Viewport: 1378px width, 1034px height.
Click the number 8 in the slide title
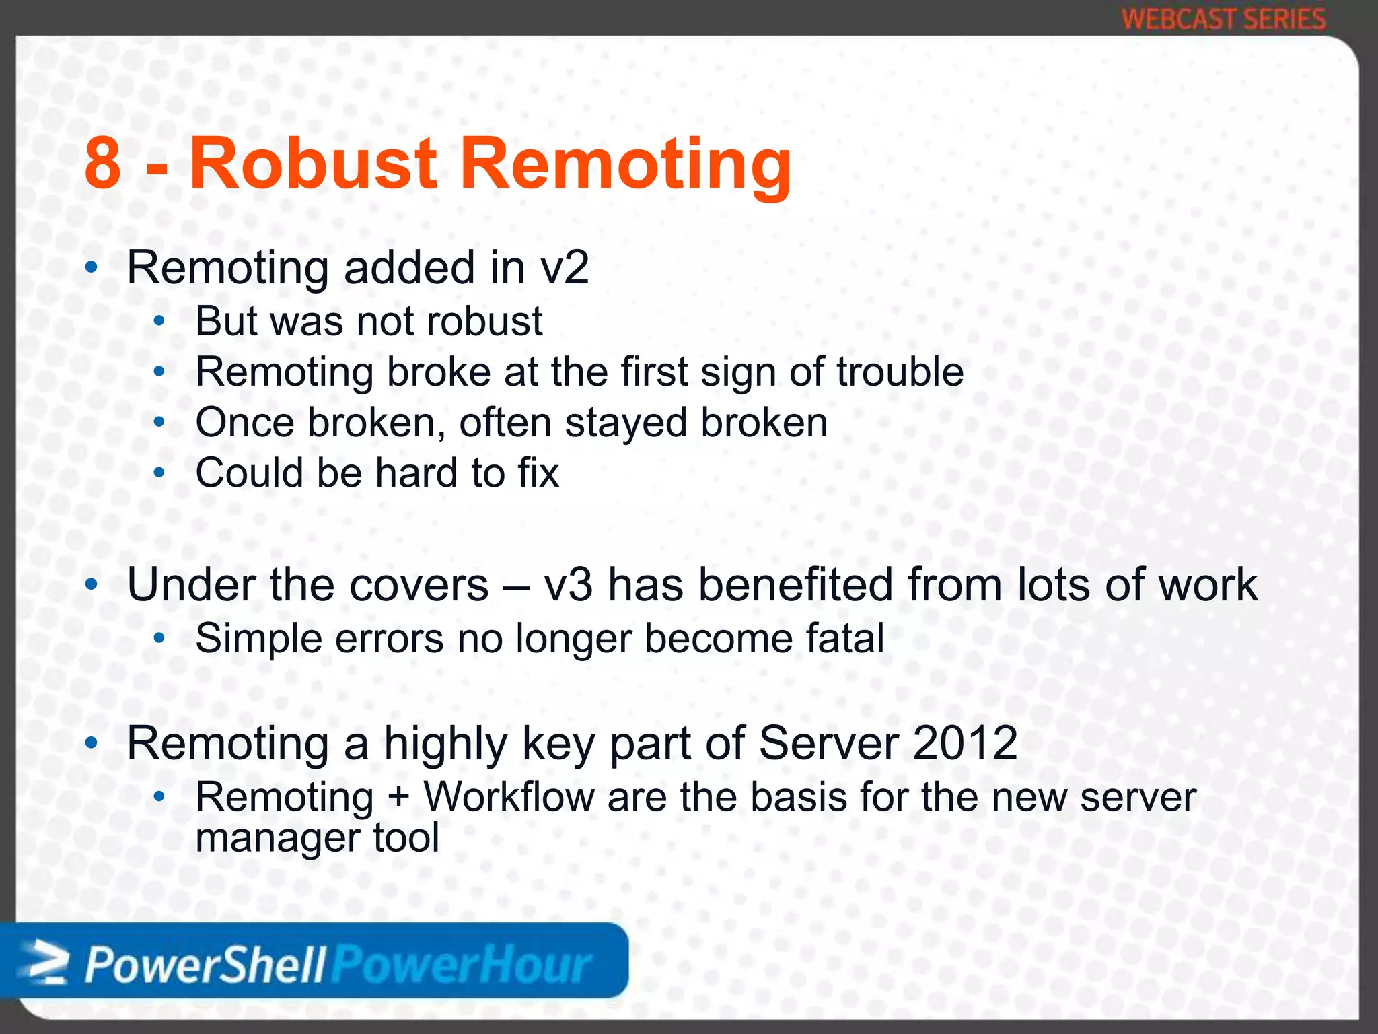pyautogui.click(x=103, y=164)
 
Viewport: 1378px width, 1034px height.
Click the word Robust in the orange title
pyautogui.click(x=313, y=164)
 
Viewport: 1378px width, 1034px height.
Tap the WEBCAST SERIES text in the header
pyautogui.click(x=1224, y=19)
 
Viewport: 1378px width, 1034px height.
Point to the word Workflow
pyautogui.click(x=509, y=797)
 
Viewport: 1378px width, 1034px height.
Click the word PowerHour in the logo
pyautogui.click(x=463, y=965)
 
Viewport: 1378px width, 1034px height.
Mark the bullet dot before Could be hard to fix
pyautogui.click(x=159, y=473)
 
